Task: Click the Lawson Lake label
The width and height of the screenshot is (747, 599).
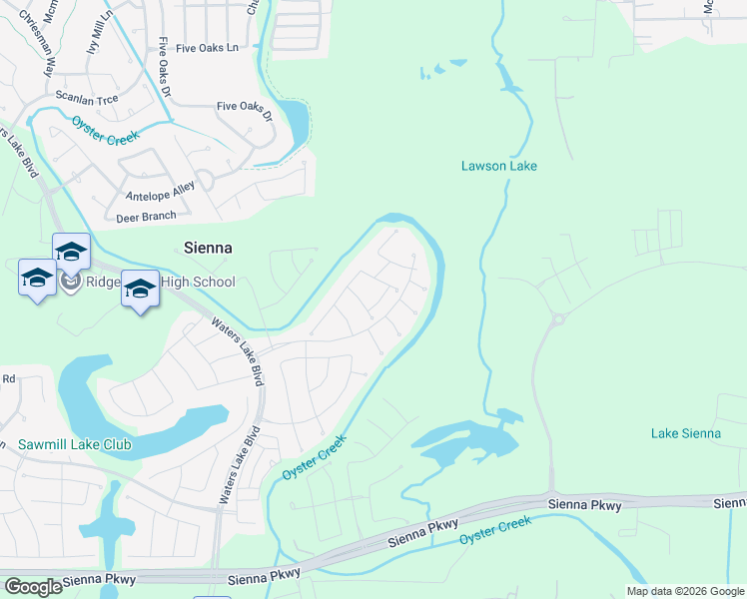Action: (498, 166)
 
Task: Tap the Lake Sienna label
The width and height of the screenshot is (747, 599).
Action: (685, 432)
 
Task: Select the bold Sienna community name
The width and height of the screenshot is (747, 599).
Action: (209, 248)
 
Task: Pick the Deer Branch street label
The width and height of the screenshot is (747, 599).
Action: (146, 216)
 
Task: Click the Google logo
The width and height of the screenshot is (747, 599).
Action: (33, 586)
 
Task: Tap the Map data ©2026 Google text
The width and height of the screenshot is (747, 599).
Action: (684, 591)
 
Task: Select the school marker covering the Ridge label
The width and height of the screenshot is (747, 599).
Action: (140, 289)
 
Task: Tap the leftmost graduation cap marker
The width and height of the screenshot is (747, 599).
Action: (37, 277)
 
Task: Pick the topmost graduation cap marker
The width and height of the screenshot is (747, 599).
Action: (71, 251)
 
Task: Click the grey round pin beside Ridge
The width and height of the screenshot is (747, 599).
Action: (70, 283)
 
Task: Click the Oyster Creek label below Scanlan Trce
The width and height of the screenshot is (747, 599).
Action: (106, 130)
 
